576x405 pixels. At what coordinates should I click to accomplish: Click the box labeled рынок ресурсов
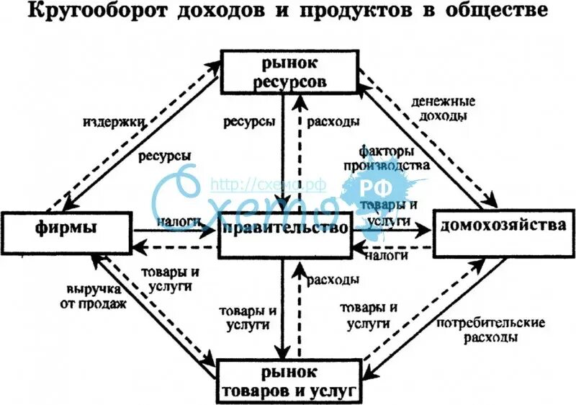pos(288,71)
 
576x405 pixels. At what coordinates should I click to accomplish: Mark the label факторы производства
pos(395,159)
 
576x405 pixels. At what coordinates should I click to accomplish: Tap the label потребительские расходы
pos(490,329)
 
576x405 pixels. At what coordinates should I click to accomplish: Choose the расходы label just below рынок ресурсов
pos(333,123)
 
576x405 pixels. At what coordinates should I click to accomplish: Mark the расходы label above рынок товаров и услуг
pos(333,278)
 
